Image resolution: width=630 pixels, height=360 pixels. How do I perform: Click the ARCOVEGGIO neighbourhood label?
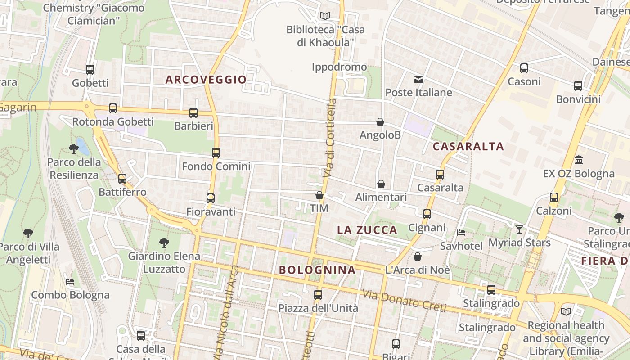tap(206, 80)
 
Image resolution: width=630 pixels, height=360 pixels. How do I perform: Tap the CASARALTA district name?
tap(468, 146)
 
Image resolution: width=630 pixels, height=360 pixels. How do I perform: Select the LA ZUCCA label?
tap(367, 230)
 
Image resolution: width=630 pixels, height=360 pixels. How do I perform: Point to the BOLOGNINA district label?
tap(317, 270)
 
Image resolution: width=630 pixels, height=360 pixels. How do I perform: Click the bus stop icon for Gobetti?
tap(90, 69)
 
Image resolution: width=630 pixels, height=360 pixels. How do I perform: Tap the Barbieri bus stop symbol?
tap(193, 112)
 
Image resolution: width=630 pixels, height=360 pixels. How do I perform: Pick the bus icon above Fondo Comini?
tap(216, 153)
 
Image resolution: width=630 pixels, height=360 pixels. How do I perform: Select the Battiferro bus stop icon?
tap(122, 178)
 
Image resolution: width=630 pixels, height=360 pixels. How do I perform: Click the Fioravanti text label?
tap(211, 211)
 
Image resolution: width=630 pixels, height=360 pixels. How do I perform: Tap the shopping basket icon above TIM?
tap(319, 195)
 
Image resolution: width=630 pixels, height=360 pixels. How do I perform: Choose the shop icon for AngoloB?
tap(380, 122)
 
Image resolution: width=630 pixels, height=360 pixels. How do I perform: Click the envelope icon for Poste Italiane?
tap(418, 80)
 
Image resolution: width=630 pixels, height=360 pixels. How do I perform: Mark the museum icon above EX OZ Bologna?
tap(579, 160)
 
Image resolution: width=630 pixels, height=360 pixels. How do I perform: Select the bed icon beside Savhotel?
tap(461, 233)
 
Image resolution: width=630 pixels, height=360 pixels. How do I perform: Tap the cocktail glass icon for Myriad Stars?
tap(519, 229)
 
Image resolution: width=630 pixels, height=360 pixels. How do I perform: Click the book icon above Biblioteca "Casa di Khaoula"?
tap(325, 16)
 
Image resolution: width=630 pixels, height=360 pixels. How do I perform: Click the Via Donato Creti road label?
tap(404, 301)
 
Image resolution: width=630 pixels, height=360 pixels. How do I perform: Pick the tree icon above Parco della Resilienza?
tap(74, 148)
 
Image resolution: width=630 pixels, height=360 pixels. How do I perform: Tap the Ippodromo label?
tap(339, 67)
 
